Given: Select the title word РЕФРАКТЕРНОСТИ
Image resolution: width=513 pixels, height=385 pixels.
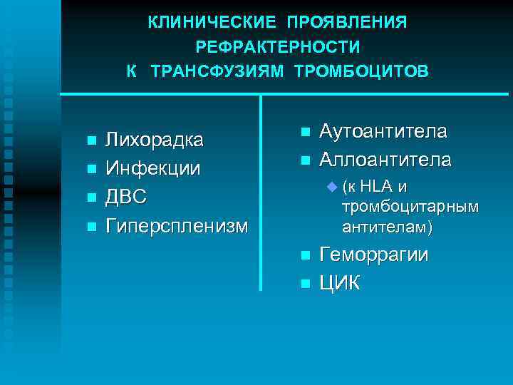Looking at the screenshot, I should click(277, 47).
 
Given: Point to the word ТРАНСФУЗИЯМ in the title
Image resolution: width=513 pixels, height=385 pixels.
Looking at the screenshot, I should click(217, 71).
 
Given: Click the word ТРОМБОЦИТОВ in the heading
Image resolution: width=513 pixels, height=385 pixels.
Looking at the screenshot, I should click(362, 71).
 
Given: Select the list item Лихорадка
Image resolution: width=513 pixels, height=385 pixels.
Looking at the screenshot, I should click(154, 139).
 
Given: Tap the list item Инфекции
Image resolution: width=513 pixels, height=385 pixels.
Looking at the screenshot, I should click(152, 169).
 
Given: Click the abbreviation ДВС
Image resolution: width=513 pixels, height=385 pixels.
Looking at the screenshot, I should click(127, 197).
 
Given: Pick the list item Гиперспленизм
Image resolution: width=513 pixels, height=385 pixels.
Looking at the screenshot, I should click(177, 227).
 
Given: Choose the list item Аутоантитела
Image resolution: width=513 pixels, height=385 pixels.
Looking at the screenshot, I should click(383, 132).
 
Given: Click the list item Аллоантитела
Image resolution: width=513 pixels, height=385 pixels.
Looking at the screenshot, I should click(385, 160).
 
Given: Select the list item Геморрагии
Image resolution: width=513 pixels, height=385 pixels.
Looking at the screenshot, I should click(374, 255).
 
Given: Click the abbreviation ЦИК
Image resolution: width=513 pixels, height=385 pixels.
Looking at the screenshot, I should click(340, 283).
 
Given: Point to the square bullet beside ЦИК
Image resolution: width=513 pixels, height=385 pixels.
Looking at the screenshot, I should click(305, 284).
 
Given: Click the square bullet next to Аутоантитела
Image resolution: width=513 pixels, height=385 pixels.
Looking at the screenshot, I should click(305, 133).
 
